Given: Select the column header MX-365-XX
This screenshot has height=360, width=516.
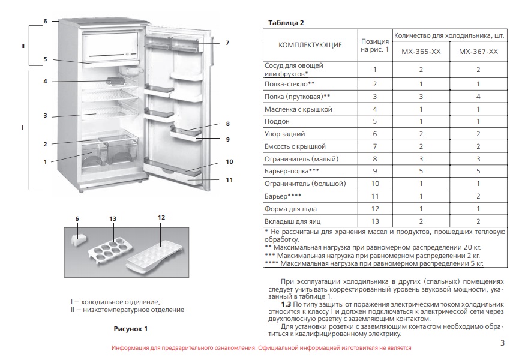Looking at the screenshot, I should [x=421, y=52].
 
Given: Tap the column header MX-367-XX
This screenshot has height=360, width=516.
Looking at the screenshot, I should [x=478, y=52].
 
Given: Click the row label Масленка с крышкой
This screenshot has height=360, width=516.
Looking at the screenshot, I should [x=298, y=109].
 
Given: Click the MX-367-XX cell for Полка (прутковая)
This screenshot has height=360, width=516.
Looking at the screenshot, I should [x=478, y=96].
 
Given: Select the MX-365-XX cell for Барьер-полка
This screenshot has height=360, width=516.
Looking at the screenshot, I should [x=421, y=171].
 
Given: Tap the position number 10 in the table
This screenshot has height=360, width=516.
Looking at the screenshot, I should [x=374, y=184].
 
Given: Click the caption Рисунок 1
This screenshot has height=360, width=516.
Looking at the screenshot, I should [x=131, y=329].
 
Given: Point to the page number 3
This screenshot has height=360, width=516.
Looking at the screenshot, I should [x=502, y=343].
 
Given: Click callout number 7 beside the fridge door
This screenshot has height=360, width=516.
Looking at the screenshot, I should [x=227, y=43].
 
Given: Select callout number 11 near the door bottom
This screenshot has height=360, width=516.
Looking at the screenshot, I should [x=229, y=179].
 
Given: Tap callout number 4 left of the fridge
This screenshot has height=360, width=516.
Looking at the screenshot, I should [x=45, y=81].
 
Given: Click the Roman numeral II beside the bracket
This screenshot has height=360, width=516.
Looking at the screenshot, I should [x=23, y=46].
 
